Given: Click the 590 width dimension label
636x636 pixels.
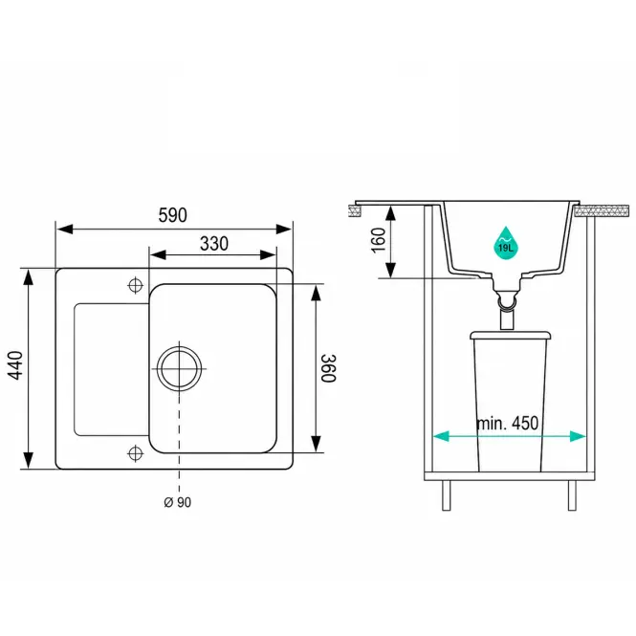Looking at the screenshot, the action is tap(173, 215).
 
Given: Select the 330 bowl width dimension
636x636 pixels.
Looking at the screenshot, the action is tap(214, 243).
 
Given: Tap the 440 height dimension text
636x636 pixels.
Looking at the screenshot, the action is tap(16, 365).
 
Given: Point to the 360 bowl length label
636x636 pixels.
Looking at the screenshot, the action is tap(328, 368).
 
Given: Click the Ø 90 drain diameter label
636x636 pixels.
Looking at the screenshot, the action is tap(177, 502).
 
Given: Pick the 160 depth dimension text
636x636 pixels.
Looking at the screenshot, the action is tap(379, 240).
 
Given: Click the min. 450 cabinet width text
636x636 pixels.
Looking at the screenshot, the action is tap(508, 423).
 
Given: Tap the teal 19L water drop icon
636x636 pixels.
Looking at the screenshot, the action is tap(506, 243).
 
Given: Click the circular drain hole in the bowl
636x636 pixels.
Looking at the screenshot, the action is tap(179, 369).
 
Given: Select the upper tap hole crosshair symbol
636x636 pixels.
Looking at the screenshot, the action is tap(136, 285).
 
